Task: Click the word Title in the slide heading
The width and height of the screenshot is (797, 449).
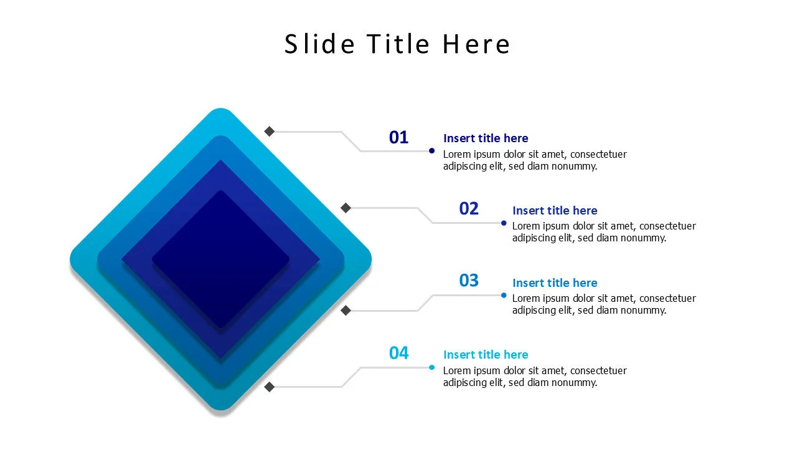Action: tap(398, 44)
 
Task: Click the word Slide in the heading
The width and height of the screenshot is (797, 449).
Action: tap(320, 44)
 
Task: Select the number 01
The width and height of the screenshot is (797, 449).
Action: tap(398, 137)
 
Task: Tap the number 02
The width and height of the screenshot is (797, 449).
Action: tap(469, 209)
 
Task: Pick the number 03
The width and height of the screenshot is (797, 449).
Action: tap(469, 281)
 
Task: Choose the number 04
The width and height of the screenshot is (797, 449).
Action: tap(398, 353)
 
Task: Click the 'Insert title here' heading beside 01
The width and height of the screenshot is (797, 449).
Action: tap(485, 138)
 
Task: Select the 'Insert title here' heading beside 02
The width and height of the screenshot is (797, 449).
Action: tap(554, 211)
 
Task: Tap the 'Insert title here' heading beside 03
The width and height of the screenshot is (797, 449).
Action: tap(554, 283)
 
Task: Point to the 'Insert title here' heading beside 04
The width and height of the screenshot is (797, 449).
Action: tap(485, 355)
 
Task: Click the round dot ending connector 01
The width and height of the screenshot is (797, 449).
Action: tap(432, 151)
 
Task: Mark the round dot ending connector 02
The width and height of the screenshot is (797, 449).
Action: tap(504, 223)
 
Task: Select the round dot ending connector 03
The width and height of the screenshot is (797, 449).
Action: tap(504, 295)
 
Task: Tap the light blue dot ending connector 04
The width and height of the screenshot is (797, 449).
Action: tap(432, 367)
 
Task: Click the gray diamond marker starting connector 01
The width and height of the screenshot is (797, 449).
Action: tap(270, 131)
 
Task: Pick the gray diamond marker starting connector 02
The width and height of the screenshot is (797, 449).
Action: tap(346, 208)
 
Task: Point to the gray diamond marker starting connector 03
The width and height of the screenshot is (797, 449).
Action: tap(346, 310)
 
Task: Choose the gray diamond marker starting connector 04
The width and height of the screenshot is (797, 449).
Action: tap(270, 387)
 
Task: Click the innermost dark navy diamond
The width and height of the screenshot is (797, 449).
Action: tap(221, 259)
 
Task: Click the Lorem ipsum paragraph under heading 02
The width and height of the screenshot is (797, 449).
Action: tap(603, 232)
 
